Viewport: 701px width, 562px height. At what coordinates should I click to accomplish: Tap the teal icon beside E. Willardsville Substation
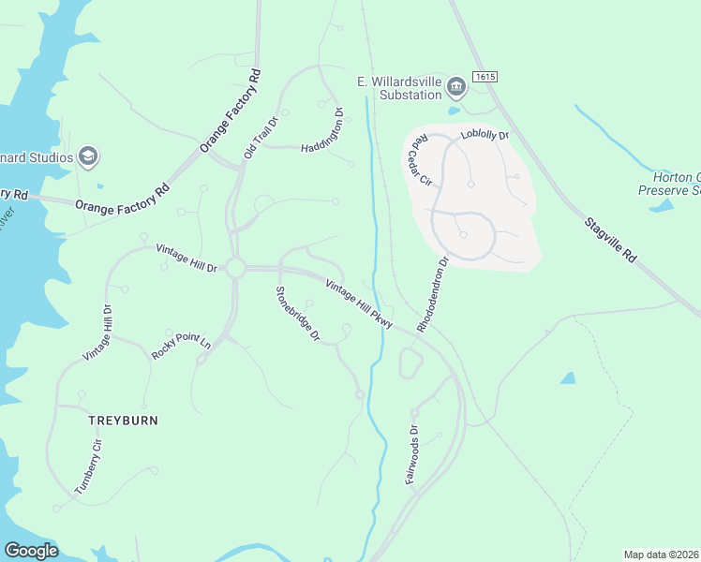coord(456,88)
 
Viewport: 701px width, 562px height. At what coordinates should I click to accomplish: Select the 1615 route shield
coord(485,76)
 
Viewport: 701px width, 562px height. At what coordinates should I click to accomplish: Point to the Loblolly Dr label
coord(485,136)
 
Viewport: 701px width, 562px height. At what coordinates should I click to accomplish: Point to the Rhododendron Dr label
coord(435,295)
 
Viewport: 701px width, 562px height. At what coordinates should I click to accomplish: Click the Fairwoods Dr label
coord(410,456)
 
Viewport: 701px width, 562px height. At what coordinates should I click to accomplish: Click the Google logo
coord(31,551)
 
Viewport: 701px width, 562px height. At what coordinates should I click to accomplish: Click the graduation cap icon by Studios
coord(89,155)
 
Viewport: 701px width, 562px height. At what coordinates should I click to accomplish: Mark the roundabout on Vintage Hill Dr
coord(234,269)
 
